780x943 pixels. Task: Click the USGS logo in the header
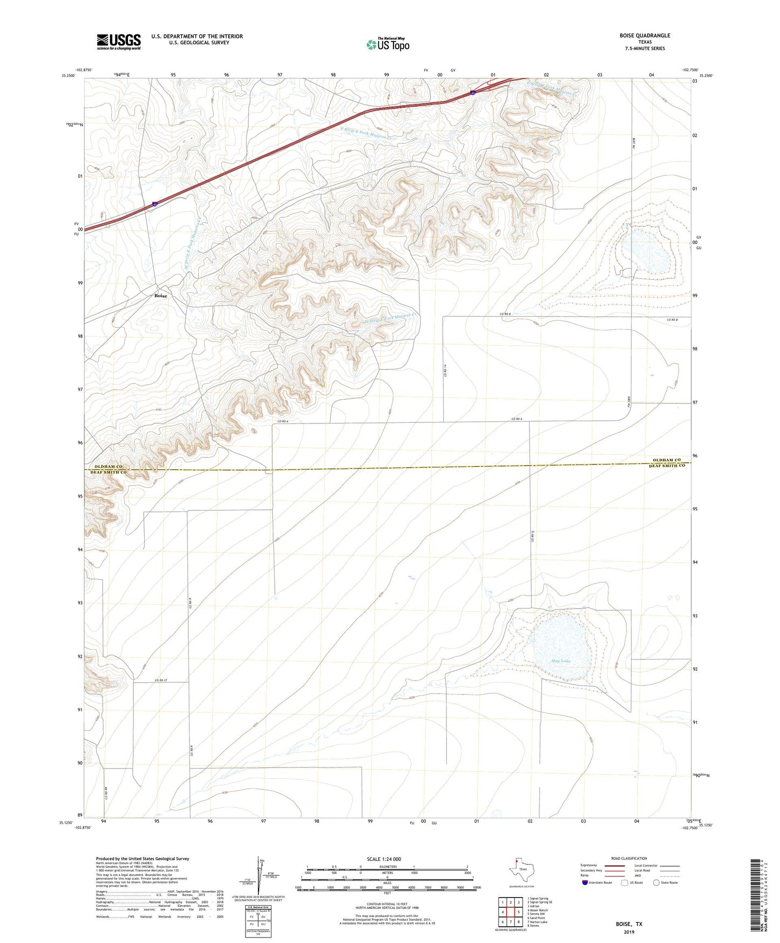[x=118, y=42]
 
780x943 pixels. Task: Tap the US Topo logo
[x=388, y=44]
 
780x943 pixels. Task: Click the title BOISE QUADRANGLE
[x=645, y=36]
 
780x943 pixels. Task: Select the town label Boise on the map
[x=160, y=296]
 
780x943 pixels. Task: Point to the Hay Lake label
[x=561, y=661]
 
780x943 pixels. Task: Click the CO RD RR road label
[x=106, y=794]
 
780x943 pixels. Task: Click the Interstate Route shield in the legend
[x=585, y=883]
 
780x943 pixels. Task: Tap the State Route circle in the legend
[x=656, y=883]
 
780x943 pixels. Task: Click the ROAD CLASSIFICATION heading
[x=629, y=858]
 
